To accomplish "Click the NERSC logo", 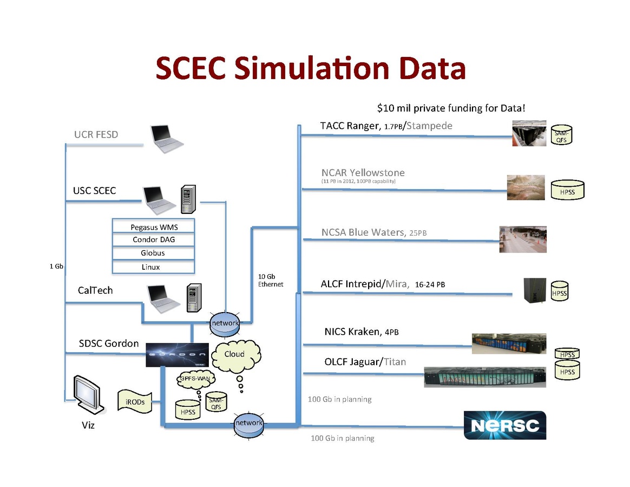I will [505, 425].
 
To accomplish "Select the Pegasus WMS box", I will [154, 226].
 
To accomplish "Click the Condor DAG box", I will [154, 239].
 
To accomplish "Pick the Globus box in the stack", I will [153, 253].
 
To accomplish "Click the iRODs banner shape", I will [134, 402].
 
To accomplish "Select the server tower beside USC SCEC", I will [188, 199].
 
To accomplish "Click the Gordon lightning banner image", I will [178, 355].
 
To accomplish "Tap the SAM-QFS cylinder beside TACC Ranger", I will [561, 135].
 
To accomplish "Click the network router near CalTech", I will [225, 324].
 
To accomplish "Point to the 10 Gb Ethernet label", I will [270, 281].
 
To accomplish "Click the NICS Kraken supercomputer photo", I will [509, 343].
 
